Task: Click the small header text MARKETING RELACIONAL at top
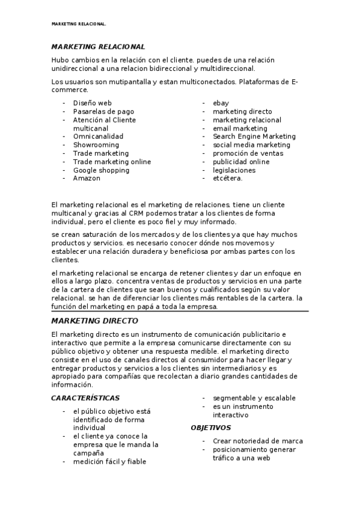tap(79, 25)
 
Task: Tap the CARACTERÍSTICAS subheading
tap(85, 398)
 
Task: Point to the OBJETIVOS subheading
tap(210, 428)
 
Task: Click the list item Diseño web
tap(92, 103)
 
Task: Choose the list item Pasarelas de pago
tap(103, 111)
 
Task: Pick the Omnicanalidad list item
tap(98, 137)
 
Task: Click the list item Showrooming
tap(96, 145)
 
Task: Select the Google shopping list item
tap(101, 170)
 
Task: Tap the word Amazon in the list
tap(87, 179)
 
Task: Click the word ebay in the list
tap(221, 103)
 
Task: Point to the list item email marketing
tap(240, 128)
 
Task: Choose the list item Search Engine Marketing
tap(254, 137)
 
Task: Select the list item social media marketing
tap(251, 145)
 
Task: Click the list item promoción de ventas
tap(248, 153)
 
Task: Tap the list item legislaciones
tap(234, 170)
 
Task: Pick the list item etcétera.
tap(228, 179)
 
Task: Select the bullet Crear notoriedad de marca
tap(258, 441)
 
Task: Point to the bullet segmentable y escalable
tap(254, 398)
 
